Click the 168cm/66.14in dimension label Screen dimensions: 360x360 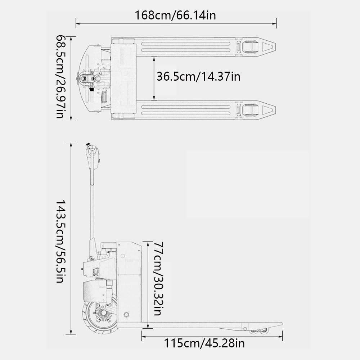click(x=175, y=15)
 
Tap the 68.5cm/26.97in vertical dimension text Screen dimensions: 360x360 click(x=60, y=77)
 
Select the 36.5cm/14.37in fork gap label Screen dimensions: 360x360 click(x=198, y=76)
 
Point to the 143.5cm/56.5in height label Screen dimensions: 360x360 click(x=60, y=241)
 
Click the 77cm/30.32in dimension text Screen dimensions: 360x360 click(x=158, y=279)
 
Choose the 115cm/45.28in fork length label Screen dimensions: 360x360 click(x=204, y=343)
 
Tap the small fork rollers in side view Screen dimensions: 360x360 click(x=259, y=330)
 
